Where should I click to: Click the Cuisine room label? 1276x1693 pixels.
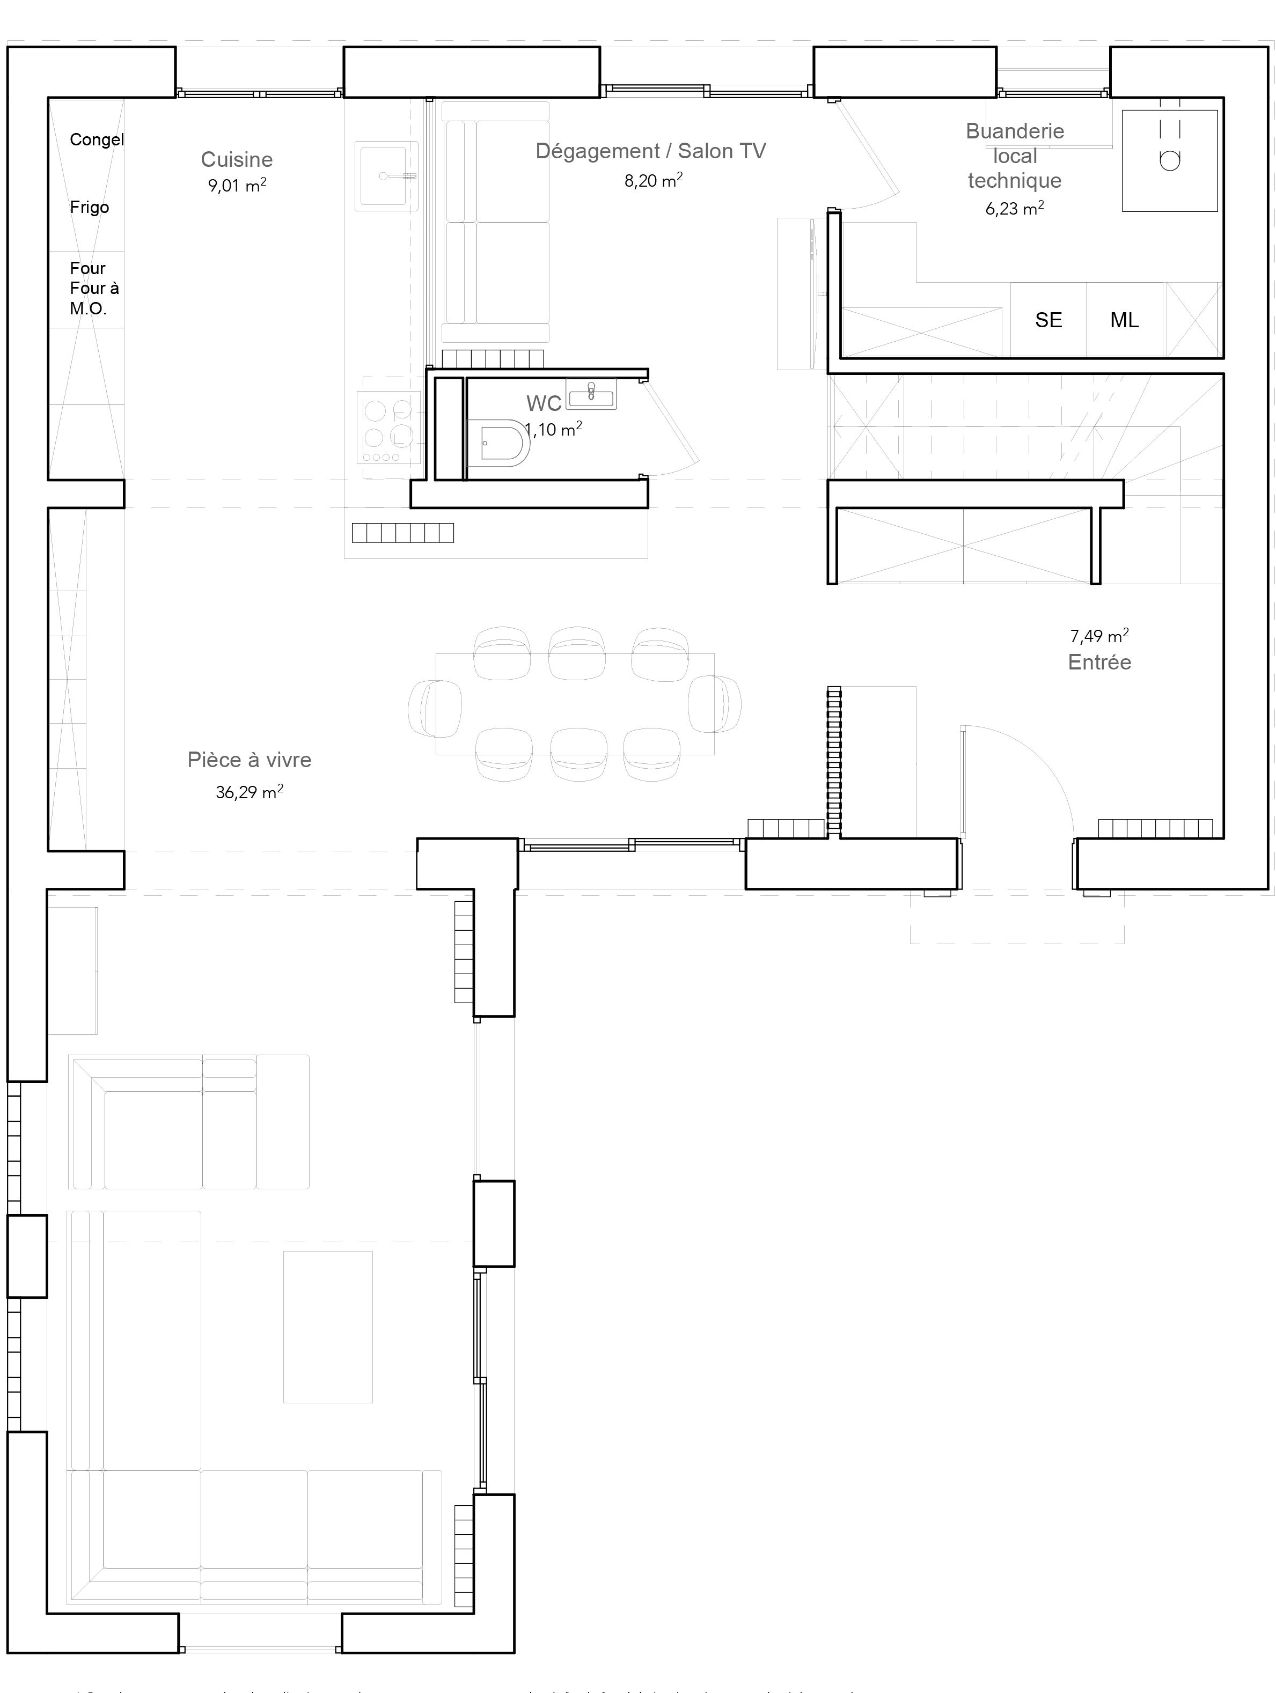click(237, 159)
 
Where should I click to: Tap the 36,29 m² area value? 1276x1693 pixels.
click(249, 792)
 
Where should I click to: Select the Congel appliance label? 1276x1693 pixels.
click(97, 139)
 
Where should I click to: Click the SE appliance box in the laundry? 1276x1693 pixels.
click(1048, 320)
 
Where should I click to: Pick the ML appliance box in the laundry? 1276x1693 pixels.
click(1124, 320)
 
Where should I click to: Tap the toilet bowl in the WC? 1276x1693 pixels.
click(501, 443)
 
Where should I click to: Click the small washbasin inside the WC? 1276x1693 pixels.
click(591, 394)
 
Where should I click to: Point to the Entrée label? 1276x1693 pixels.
click(1099, 662)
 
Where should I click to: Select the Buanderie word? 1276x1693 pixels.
click(1014, 131)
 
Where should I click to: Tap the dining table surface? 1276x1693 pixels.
click(574, 704)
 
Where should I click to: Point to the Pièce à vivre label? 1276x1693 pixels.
click(249, 760)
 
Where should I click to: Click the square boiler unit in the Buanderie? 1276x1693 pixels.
click(1169, 160)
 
